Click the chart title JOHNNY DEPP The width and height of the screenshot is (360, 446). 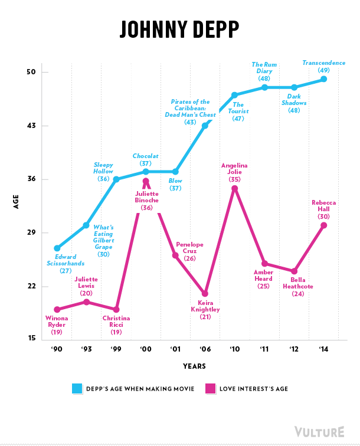(x=180, y=28)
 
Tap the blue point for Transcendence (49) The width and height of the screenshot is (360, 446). (x=323, y=79)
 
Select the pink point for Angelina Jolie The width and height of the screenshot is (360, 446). (x=234, y=188)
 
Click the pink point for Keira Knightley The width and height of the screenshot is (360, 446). (x=205, y=293)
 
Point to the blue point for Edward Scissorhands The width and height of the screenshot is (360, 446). (x=57, y=248)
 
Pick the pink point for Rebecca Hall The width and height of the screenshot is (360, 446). (x=323, y=225)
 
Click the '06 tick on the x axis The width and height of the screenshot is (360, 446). (x=205, y=349)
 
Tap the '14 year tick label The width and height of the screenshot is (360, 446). (x=323, y=349)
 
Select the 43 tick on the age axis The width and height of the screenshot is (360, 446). (x=31, y=126)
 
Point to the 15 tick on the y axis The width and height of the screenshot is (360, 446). (x=31, y=339)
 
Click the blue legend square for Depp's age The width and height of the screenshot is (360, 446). (x=77, y=389)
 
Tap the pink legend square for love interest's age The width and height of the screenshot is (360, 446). (x=211, y=389)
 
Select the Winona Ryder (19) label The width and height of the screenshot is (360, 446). (x=57, y=325)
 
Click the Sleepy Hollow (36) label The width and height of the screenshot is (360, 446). (x=103, y=171)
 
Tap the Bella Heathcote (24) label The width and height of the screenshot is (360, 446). (x=297, y=287)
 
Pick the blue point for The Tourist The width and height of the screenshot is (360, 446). (x=234, y=94)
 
